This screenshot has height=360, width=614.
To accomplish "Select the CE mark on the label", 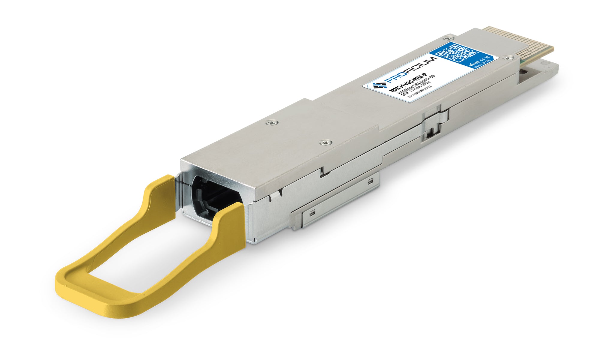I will [x=483, y=59].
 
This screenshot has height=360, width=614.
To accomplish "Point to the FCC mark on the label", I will [x=488, y=57].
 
